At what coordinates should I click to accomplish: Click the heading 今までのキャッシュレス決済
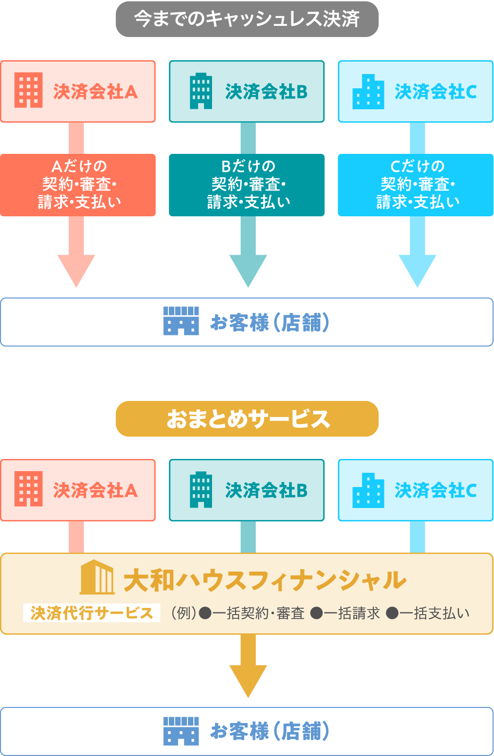click(247, 19)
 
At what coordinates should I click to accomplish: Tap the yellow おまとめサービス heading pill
click(247, 419)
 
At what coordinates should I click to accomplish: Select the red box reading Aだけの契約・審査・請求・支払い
click(78, 185)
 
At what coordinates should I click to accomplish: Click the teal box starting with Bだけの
click(247, 185)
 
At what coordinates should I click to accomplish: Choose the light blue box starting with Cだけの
click(416, 185)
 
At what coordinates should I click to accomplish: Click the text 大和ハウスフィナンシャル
click(265, 580)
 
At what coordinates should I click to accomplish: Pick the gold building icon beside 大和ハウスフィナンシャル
click(97, 577)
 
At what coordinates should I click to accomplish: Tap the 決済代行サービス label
click(92, 613)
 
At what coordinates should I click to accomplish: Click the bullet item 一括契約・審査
click(252, 614)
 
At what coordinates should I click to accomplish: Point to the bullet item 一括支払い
click(428, 614)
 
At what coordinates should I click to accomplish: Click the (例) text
click(184, 614)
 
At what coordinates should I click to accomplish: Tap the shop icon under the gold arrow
click(181, 731)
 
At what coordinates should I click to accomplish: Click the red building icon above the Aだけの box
click(29, 90)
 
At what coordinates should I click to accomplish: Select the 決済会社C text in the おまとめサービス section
click(436, 491)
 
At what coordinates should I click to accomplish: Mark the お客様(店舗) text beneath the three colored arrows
click(270, 322)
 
